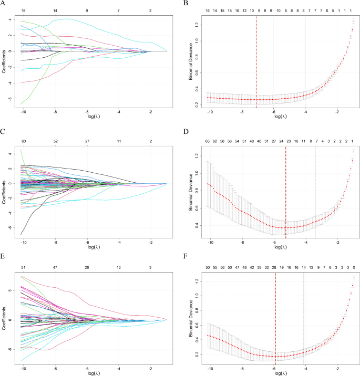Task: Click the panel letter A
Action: pos(4,3)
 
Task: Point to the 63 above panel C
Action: pos(23,141)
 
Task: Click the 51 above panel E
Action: pos(23,267)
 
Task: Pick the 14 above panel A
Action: pos(55,11)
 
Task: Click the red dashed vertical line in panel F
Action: pos(276,315)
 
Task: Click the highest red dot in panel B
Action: pos(354,21)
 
